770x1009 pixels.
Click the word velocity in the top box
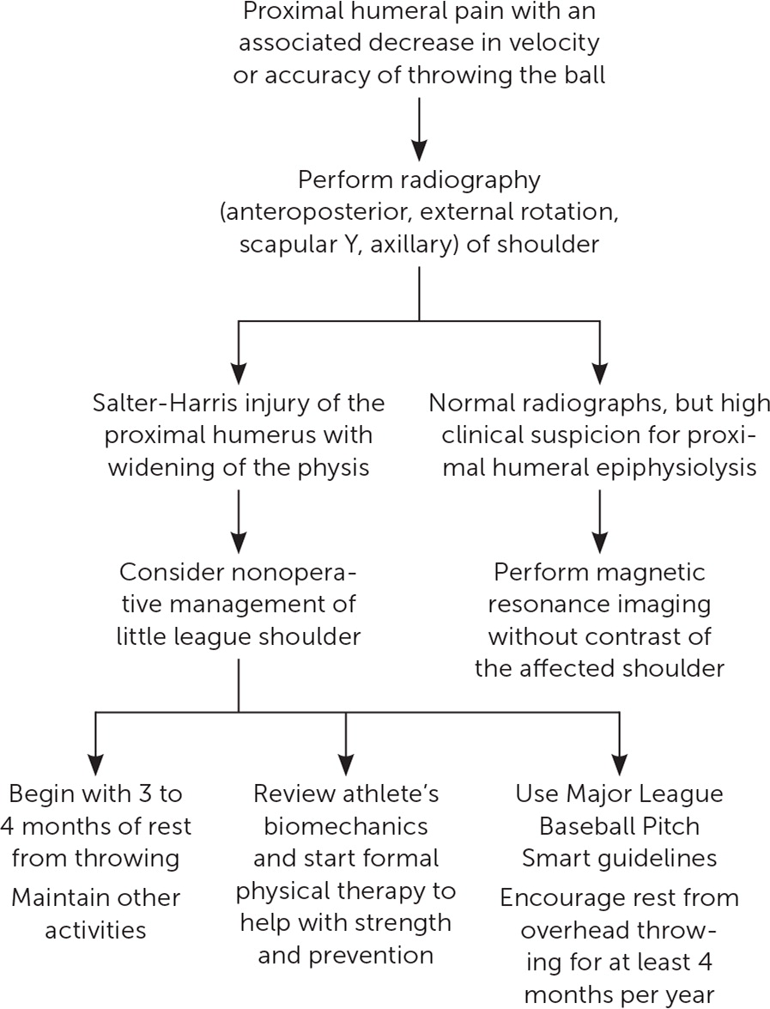(x=555, y=43)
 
